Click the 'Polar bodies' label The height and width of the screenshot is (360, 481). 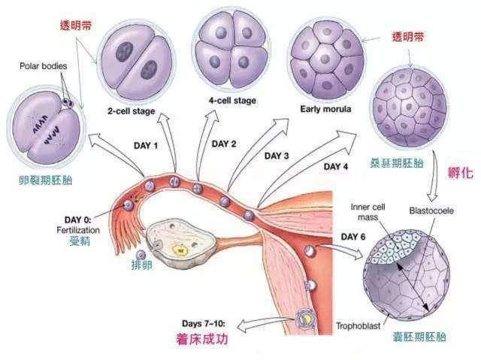[x=44, y=66]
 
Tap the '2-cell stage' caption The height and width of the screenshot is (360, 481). [x=132, y=111]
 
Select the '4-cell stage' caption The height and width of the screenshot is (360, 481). [x=232, y=101]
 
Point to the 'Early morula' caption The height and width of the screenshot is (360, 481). [x=325, y=109]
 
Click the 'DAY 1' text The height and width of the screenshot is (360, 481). [x=146, y=145]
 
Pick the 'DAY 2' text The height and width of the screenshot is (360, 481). [x=224, y=144]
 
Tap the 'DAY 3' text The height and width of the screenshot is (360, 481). [x=277, y=156]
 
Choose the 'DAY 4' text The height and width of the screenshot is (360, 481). [x=336, y=167]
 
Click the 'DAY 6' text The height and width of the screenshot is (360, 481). [x=353, y=237]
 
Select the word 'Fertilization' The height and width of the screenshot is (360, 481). [x=78, y=230]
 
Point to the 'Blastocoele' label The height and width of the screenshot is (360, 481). [x=431, y=211]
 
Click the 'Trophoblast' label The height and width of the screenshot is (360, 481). [x=358, y=325]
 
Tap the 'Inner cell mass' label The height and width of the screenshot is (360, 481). [x=368, y=212]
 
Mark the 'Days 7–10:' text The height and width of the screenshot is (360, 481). [x=204, y=323]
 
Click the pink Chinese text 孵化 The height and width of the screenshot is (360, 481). [x=461, y=174]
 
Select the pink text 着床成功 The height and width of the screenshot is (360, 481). [x=202, y=339]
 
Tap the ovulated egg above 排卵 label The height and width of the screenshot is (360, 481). [x=141, y=255]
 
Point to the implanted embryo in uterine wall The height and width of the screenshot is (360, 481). [x=306, y=319]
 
